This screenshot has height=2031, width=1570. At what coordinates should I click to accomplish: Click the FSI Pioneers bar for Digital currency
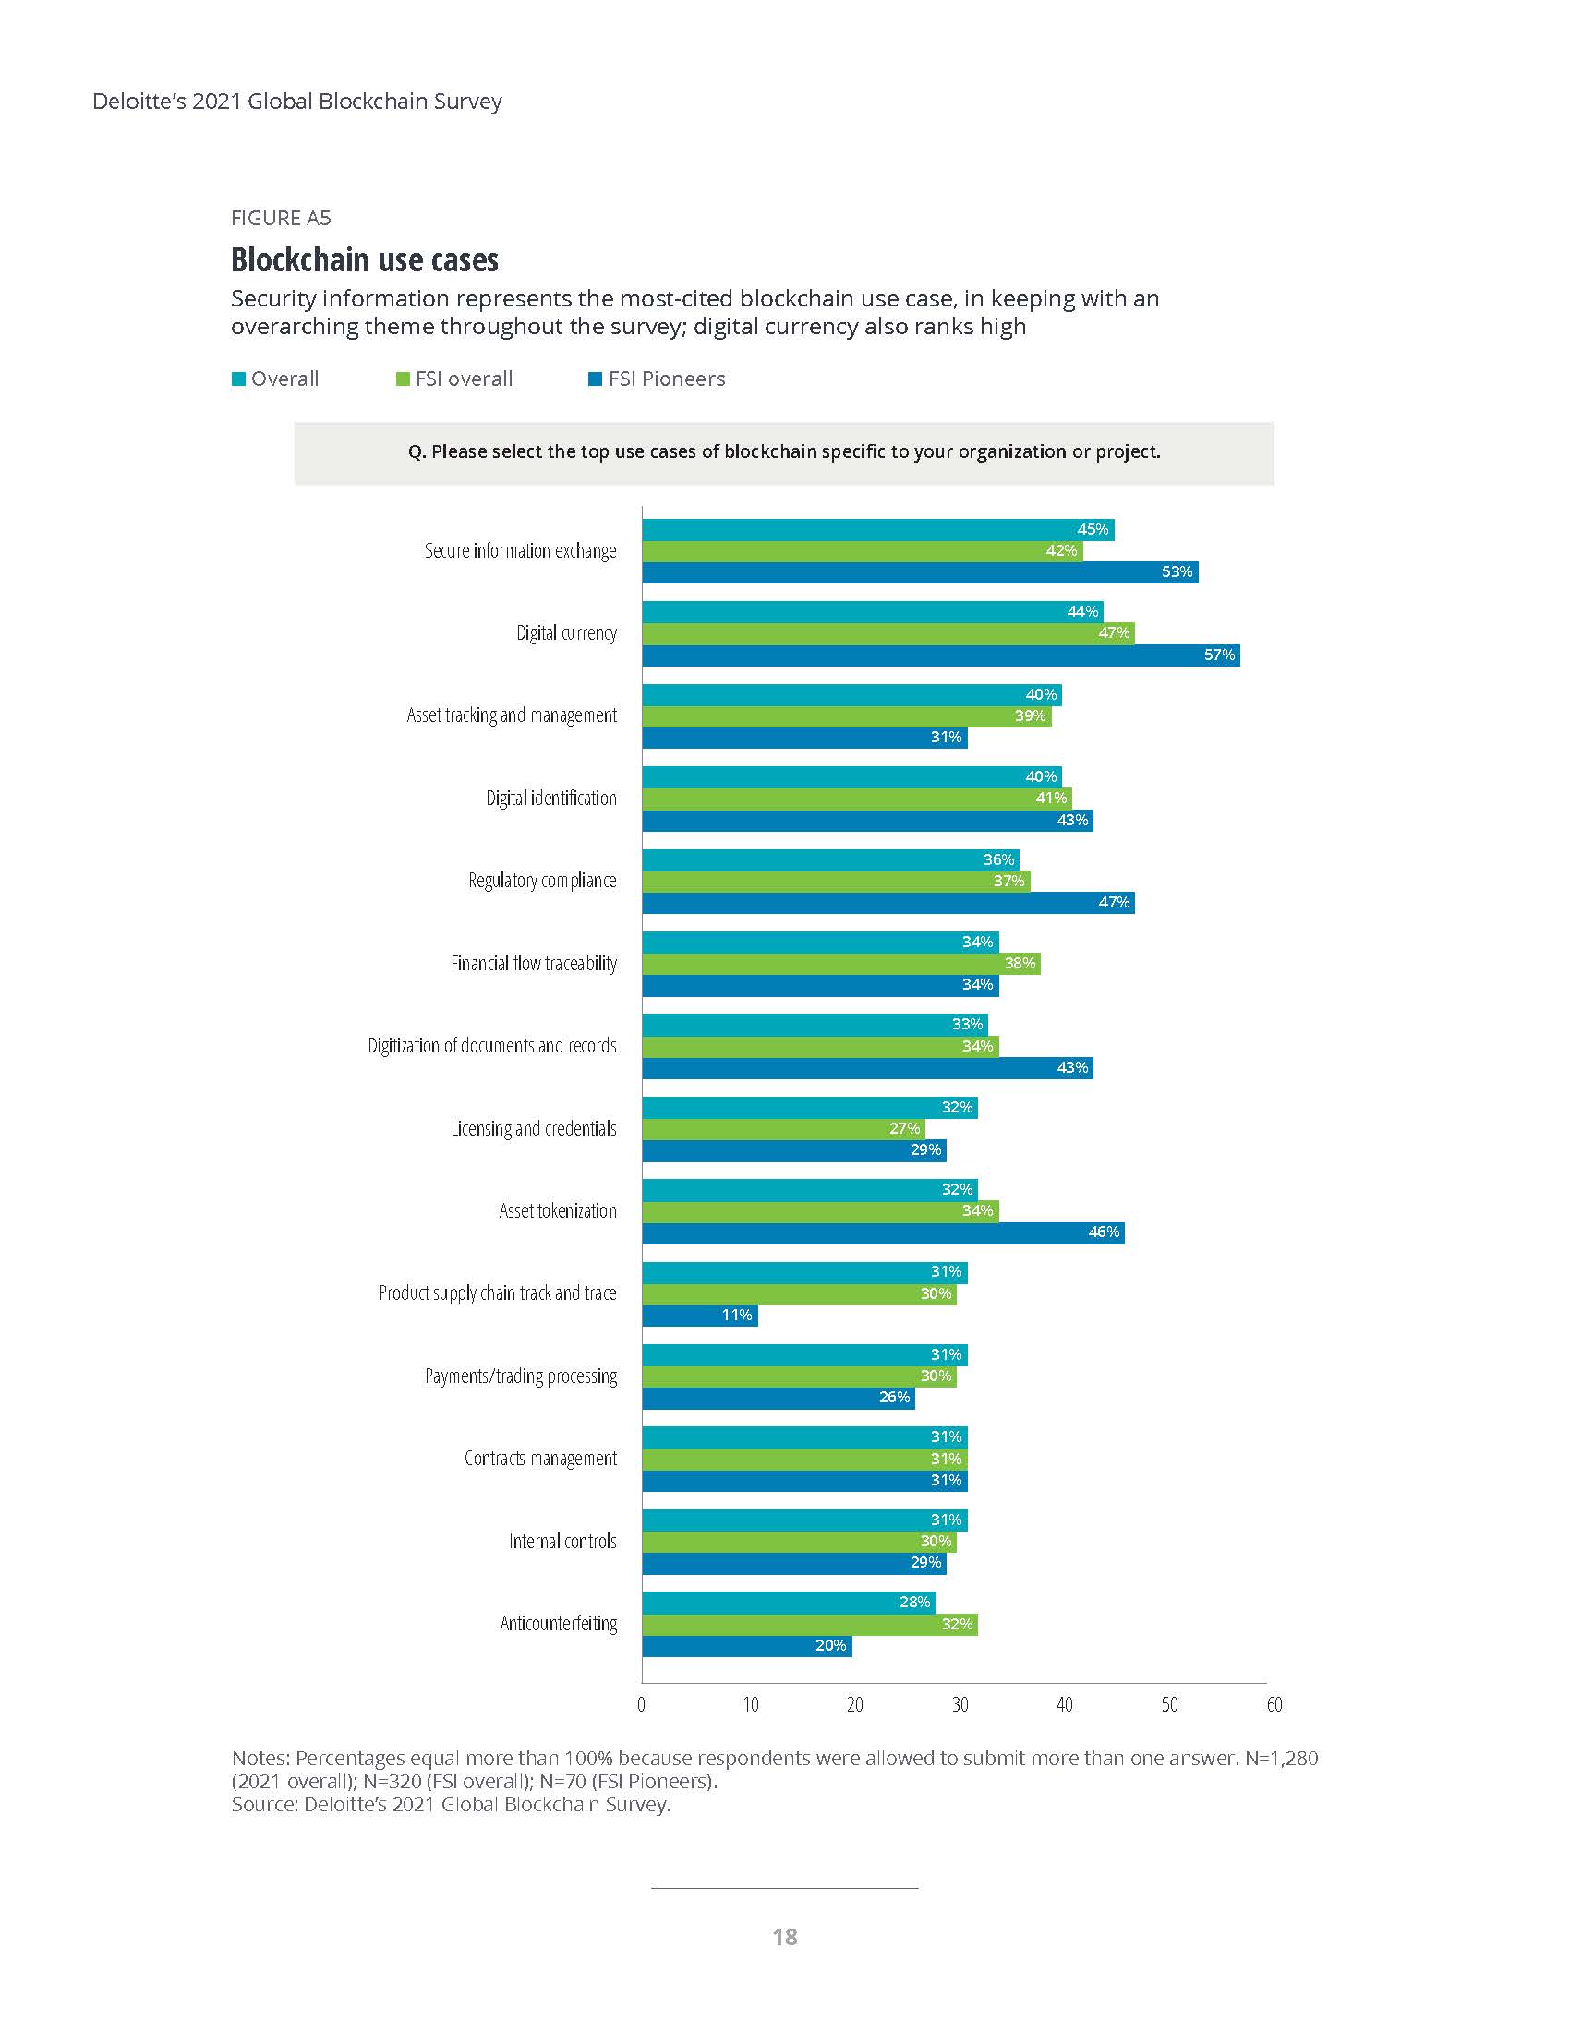point(939,655)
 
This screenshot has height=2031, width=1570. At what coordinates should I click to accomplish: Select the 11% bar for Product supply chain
point(699,1315)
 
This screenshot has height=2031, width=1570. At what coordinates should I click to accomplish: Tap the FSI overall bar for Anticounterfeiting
point(809,1625)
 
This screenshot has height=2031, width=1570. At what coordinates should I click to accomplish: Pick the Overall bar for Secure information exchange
point(877,530)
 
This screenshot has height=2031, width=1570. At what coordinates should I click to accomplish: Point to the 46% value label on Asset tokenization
point(1104,1232)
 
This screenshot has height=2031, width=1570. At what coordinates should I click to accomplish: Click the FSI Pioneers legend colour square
point(596,379)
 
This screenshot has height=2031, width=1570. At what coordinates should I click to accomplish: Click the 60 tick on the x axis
point(1274,1704)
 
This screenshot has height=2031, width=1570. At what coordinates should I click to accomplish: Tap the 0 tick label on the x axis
point(642,1704)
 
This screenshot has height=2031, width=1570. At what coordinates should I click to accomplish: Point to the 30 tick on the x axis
point(959,1704)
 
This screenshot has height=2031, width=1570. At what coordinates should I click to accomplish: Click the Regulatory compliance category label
point(542,881)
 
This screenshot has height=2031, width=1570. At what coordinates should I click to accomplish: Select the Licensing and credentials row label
point(534,1129)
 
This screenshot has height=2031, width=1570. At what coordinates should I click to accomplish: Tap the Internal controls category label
point(562,1542)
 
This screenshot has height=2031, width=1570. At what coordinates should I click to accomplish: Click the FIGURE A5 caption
point(281,219)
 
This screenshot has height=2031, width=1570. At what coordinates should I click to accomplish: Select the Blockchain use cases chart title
point(365,260)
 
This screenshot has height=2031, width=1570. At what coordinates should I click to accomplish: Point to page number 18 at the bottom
point(784,1937)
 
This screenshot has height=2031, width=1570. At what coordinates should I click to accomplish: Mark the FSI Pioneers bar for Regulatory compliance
point(888,903)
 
